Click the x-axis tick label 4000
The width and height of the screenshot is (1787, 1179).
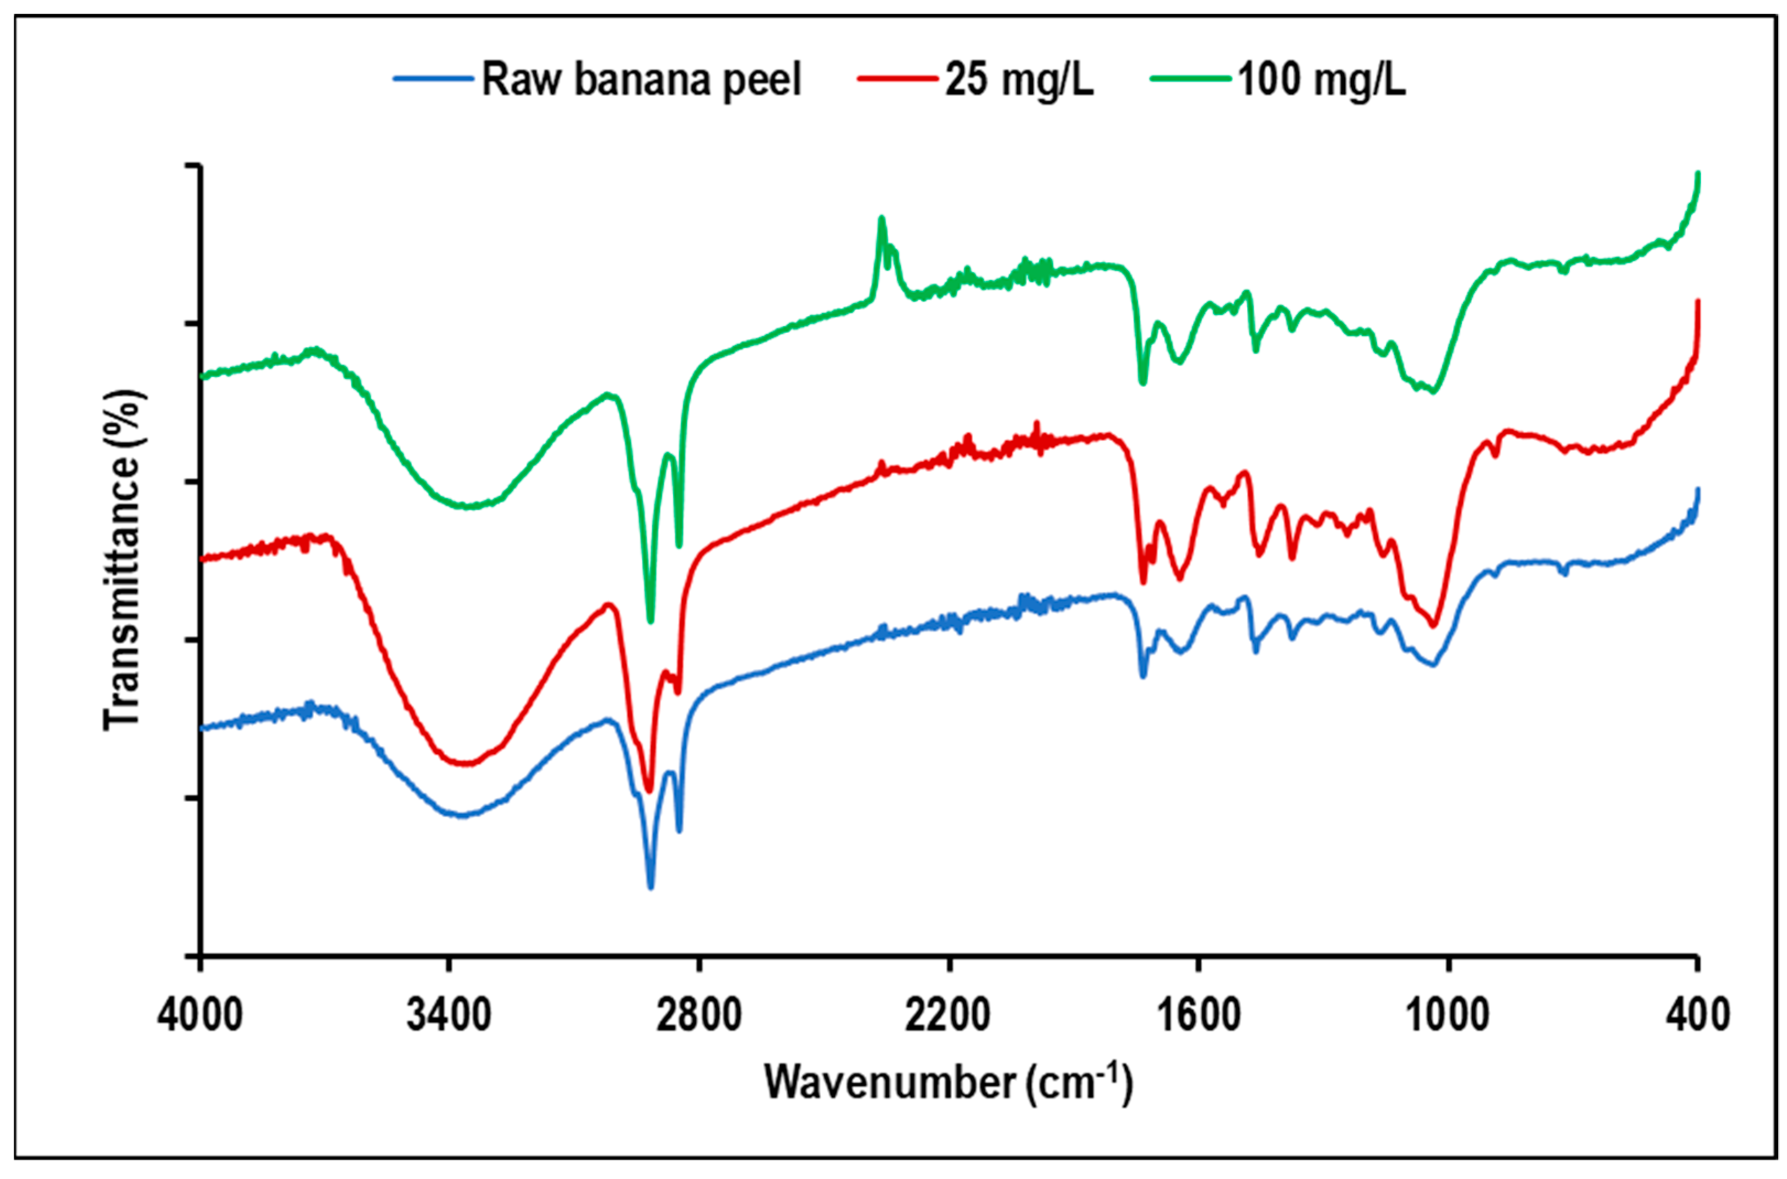point(199,1015)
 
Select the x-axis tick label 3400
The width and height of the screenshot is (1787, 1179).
point(449,1015)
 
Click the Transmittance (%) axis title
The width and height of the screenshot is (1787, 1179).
point(122,560)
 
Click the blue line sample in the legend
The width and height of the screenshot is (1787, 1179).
point(434,79)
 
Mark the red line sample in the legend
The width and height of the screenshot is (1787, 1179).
point(898,79)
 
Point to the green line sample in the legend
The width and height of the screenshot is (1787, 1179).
point(1191,79)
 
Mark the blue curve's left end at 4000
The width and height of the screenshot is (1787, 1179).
point(202,727)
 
